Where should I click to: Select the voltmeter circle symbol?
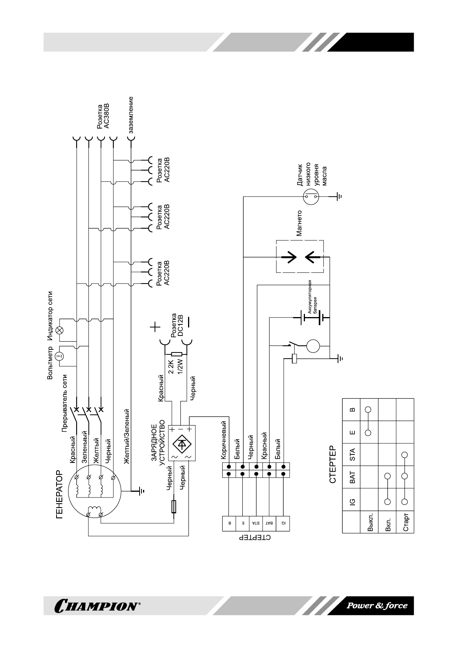click(x=60, y=356)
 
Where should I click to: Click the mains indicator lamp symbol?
click(x=60, y=331)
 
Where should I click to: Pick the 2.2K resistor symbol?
click(x=177, y=354)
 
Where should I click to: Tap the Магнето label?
click(x=299, y=223)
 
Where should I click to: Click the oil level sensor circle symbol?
click(x=311, y=196)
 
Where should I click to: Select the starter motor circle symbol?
click(x=313, y=346)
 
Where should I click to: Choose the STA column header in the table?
click(x=352, y=454)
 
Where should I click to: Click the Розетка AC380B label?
click(x=103, y=116)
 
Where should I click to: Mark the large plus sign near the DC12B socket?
click(x=155, y=327)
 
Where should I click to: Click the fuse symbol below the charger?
click(x=174, y=506)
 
